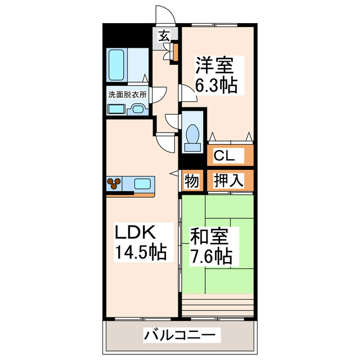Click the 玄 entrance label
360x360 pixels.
tap(164, 35)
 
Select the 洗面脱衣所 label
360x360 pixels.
tap(127, 95)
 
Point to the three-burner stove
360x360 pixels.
tap(115, 183)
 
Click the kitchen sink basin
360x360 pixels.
tap(142, 183)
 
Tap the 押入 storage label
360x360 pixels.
tap(228, 181)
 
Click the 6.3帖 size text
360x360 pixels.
tap(215, 85)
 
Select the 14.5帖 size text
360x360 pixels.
tap(141, 253)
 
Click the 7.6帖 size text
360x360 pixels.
tap(211, 256)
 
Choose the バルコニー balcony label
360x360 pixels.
tap(179, 335)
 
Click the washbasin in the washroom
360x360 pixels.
tap(136, 109)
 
